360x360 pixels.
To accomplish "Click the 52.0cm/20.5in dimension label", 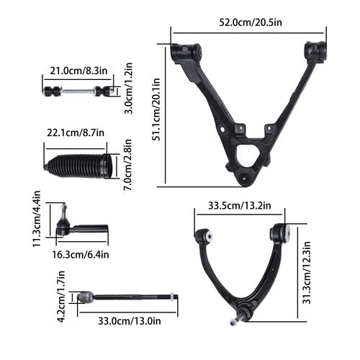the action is [x=251, y=22].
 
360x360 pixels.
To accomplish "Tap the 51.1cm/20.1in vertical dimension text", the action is [x=157, y=109].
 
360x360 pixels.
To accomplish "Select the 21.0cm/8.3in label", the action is [x=78, y=71].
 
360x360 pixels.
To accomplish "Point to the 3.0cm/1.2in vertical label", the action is [x=129, y=89].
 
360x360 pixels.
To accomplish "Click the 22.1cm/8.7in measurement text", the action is [x=76, y=132].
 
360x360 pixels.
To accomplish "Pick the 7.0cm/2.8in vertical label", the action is [x=127, y=165].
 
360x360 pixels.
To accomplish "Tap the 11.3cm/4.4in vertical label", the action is [x=37, y=219].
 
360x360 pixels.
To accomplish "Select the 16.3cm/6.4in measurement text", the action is [x=81, y=254].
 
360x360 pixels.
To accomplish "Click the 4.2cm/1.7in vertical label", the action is [x=61, y=297].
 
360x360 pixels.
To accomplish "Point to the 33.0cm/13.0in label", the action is [x=130, y=321].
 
